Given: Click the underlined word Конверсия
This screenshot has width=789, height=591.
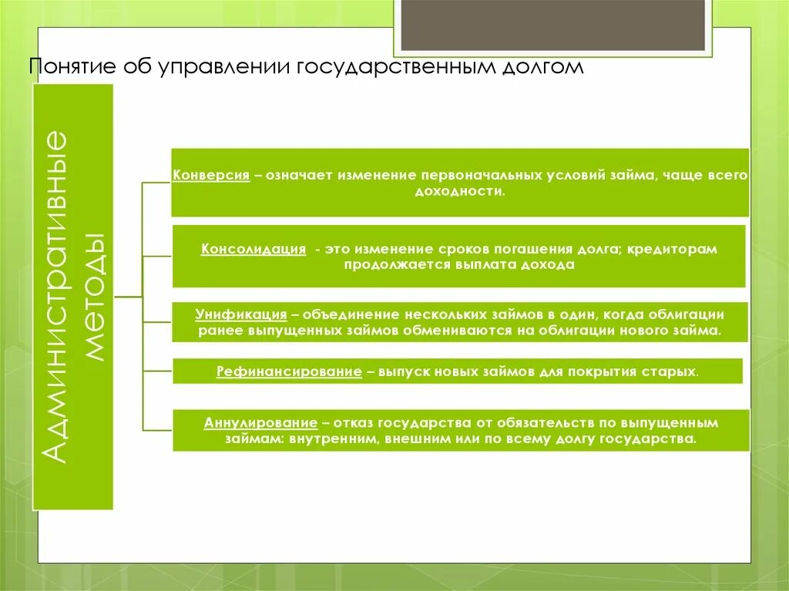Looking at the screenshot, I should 210,176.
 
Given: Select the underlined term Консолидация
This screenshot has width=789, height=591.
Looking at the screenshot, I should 254,250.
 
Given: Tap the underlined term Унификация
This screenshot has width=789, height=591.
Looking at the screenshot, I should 241,315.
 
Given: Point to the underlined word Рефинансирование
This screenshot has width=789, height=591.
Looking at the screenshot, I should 289,371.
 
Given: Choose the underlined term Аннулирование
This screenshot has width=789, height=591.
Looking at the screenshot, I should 261,423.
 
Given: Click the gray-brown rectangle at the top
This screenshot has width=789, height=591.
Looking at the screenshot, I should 552,23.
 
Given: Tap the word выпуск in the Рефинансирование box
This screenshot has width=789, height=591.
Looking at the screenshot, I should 399,371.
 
